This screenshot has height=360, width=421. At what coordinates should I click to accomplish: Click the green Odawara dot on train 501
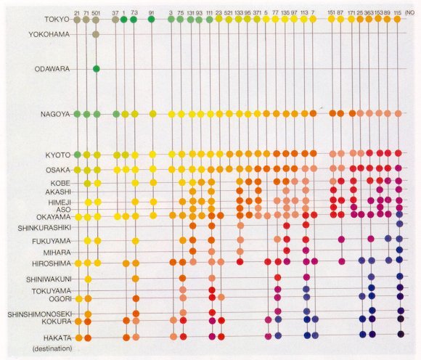97,69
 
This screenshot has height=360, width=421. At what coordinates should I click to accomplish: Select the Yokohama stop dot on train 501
96,34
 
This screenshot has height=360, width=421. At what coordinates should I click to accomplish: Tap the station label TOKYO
57,20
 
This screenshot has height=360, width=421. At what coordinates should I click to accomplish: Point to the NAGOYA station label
55,114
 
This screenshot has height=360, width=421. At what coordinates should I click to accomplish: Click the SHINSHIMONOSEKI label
40,314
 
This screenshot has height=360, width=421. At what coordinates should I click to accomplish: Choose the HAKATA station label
58,338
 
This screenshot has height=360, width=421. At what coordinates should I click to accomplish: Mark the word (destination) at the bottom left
52,348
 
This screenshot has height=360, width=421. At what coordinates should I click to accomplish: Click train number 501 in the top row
96,12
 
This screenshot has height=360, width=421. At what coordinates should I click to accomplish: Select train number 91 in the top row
152,12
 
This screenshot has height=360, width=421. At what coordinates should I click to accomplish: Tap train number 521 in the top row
229,12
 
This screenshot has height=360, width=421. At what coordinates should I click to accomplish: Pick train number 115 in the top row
398,12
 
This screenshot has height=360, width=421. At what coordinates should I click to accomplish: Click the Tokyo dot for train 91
152,20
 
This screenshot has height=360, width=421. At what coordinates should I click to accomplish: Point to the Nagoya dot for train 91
152,114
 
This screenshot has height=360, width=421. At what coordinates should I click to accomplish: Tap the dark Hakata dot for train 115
401,334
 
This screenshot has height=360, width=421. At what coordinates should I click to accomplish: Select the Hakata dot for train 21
78,337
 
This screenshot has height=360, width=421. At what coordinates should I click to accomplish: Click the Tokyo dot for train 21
77,20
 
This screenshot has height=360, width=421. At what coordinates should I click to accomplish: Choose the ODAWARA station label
52,69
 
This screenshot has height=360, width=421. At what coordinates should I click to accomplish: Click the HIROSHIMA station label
52,263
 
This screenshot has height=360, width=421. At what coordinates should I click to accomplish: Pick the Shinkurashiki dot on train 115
400,224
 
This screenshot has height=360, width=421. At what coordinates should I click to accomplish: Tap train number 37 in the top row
115,12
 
